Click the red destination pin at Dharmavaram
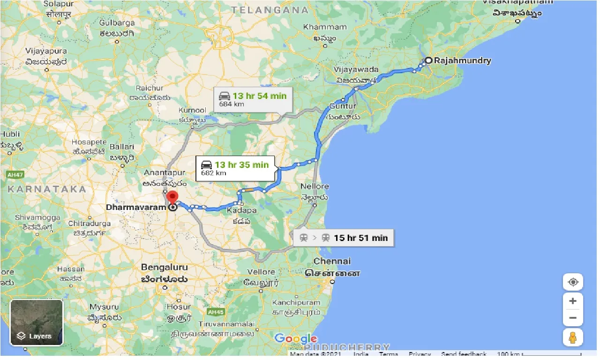click(173, 197)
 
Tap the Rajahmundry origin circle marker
click(428, 60)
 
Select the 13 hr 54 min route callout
click(253, 99)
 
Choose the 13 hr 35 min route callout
click(235, 168)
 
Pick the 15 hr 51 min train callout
click(344, 238)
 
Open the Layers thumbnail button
click(37, 322)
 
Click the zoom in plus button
click(572, 301)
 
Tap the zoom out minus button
click(572, 318)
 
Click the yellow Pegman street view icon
click(572, 337)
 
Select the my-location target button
click(572, 282)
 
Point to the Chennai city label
click(332, 261)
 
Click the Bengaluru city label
click(164, 267)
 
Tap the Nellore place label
click(314, 187)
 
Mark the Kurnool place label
click(192, 110)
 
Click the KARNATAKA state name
click(47, 189)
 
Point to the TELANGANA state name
click(270, 10)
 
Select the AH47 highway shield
click(15, 175)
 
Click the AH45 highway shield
click(216, 311)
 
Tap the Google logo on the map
click(295, 338)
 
